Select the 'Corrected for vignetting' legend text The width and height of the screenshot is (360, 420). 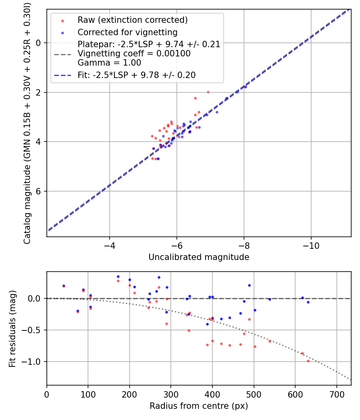point(127,32)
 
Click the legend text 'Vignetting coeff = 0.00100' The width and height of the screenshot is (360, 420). point(134,54)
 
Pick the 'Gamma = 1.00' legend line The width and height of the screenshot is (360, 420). point(109,63)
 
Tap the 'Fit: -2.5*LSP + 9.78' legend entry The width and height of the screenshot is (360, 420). point(136,75)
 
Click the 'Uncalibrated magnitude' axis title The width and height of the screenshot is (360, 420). point(199,257)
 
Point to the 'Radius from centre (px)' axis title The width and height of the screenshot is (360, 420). point(199,406)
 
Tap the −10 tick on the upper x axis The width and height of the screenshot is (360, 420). point(311,245)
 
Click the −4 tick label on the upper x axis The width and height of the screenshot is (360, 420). point(109,245)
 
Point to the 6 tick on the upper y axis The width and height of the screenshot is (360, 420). point(39,191)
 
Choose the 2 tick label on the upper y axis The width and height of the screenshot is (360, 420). point(39,92)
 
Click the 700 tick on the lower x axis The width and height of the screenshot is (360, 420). point(336,394)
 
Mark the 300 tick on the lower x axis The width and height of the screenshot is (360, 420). point(171,394)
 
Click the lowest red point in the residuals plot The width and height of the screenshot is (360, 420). point(308,361)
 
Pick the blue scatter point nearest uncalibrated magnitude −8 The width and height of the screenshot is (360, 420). point(245,87)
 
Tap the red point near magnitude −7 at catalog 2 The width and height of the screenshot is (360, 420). point(208,92)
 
